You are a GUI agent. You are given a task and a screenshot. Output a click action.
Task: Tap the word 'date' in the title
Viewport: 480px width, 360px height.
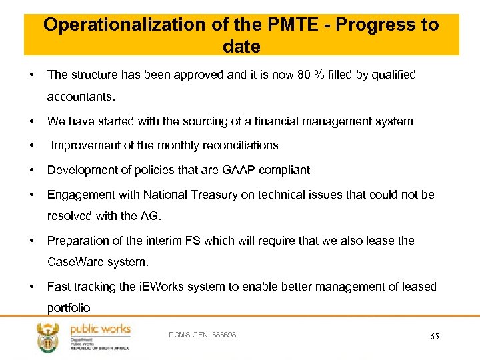pyautogui.click(x=241, y=46)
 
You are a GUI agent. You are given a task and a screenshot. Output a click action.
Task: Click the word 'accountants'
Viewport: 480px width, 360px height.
pyautogui.click(x=80, y=97)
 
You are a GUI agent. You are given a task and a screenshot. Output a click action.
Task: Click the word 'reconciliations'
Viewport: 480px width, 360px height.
pyautogui.click(x=237, y=145)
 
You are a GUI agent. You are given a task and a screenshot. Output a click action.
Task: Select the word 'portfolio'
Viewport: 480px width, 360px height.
pyautogui.click(x=68, y=308)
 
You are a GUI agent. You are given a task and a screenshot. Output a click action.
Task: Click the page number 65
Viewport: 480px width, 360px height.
pyautogui.click(x=435, y=337)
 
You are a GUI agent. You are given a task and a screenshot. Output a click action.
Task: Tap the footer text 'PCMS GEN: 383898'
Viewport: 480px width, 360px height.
pyautogui.click(x=203, y=334)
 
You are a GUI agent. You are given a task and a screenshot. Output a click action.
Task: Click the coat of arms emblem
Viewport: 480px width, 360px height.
pyautogui.click(x=50, y=337)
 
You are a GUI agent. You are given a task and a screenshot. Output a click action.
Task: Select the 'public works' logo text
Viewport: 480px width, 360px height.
pyautogui.click(x=100, y=329)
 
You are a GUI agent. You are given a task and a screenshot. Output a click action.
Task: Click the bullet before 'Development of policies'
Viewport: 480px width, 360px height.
pyautogui.click(x=31, y=170)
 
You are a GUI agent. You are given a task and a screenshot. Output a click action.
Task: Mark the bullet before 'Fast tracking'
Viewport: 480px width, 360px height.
pyautogui.click(x=31, y=287)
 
